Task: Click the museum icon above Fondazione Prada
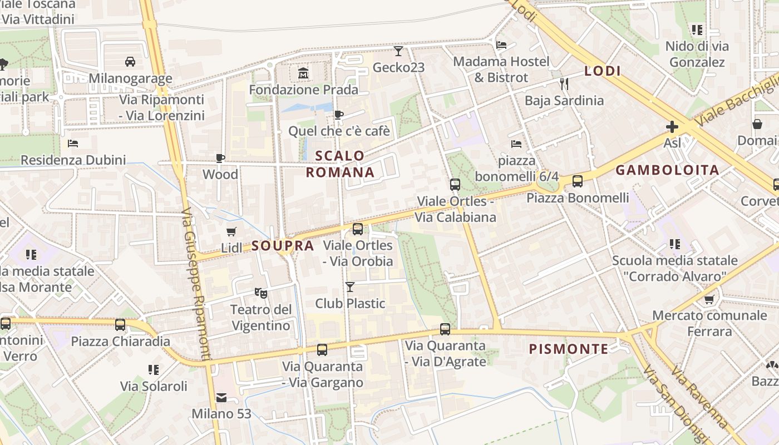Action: point(303,73)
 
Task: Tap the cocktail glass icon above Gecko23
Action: point(398,51)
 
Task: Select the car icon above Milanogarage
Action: point(130,61)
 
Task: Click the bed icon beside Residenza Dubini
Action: point(72,144)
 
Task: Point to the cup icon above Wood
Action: point(220,158)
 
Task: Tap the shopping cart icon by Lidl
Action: point(231,231)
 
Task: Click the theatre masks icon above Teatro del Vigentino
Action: point(260,292)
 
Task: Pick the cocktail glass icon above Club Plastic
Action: point(349,287)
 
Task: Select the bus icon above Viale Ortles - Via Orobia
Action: point(358,229)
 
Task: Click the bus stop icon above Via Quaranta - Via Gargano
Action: point(322,350)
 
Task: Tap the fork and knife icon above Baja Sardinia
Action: point(564,84)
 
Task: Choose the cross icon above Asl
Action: point(672,127)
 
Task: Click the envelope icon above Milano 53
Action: point(221,397)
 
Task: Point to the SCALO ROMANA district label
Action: point(340,164)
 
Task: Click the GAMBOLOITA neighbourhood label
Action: point(668,170)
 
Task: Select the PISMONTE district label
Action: point(568,349)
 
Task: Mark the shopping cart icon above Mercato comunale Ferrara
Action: point(709,300)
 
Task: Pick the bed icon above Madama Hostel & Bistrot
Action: point(501,45)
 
